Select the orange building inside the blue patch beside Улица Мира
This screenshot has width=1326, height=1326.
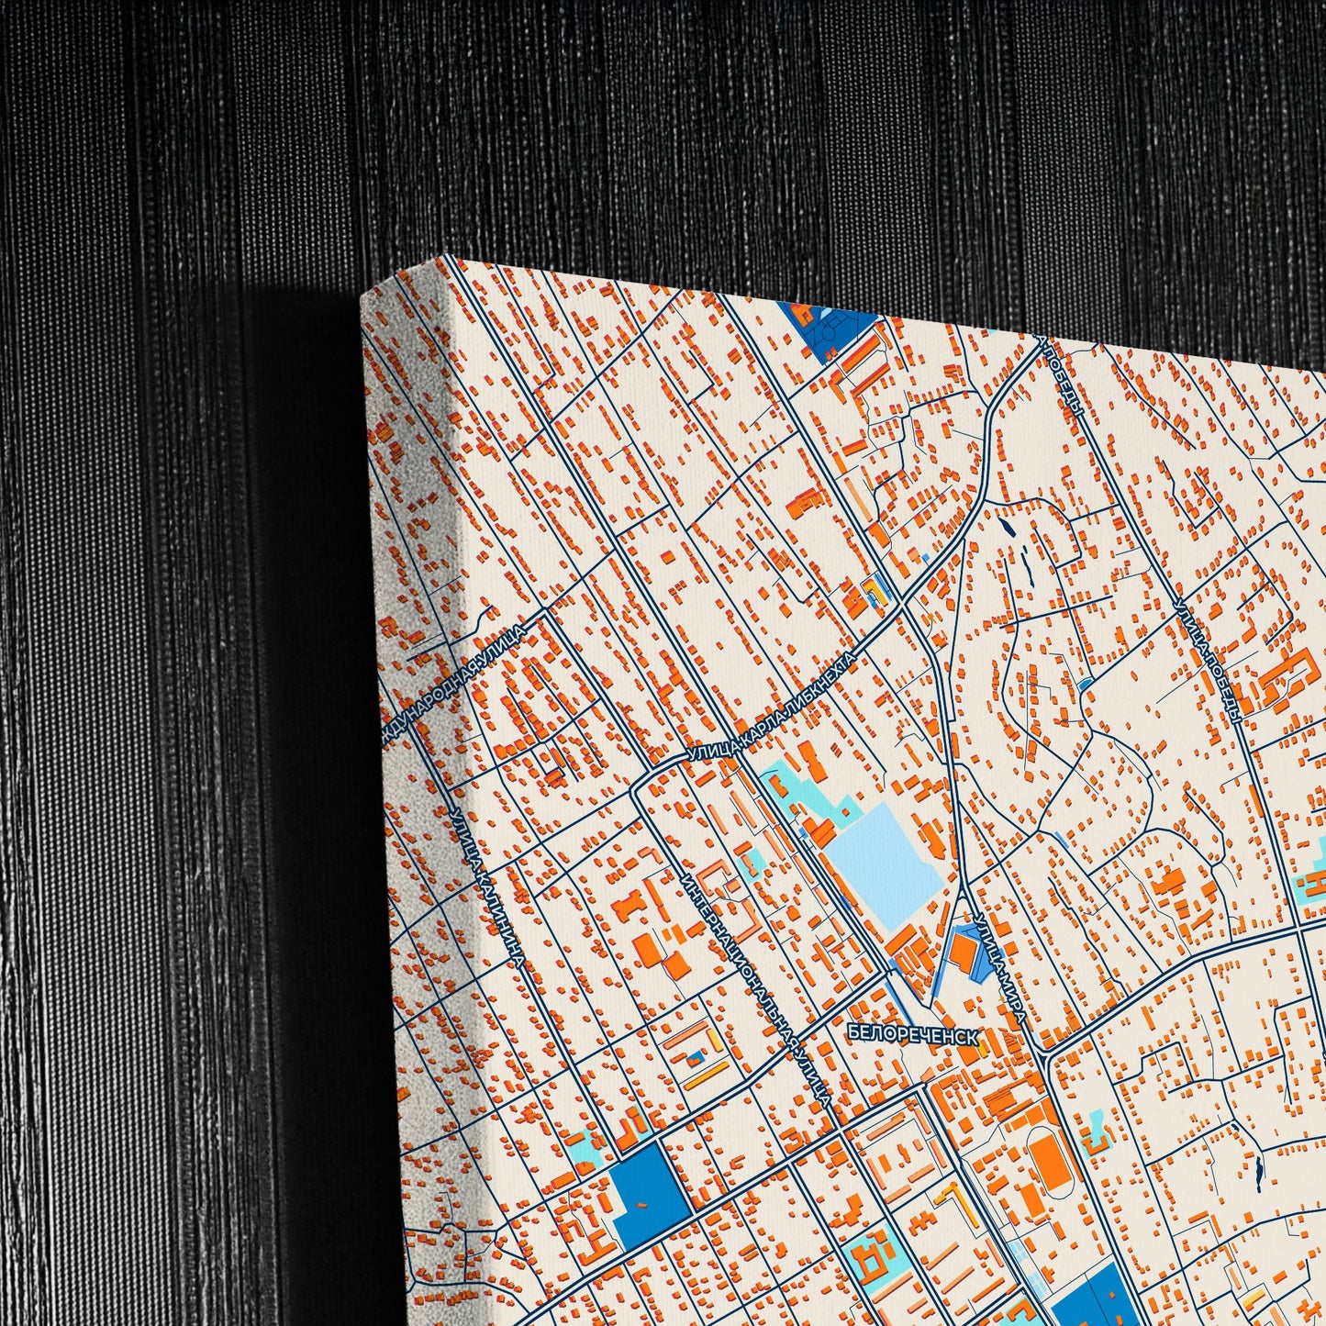click(963, 951)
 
